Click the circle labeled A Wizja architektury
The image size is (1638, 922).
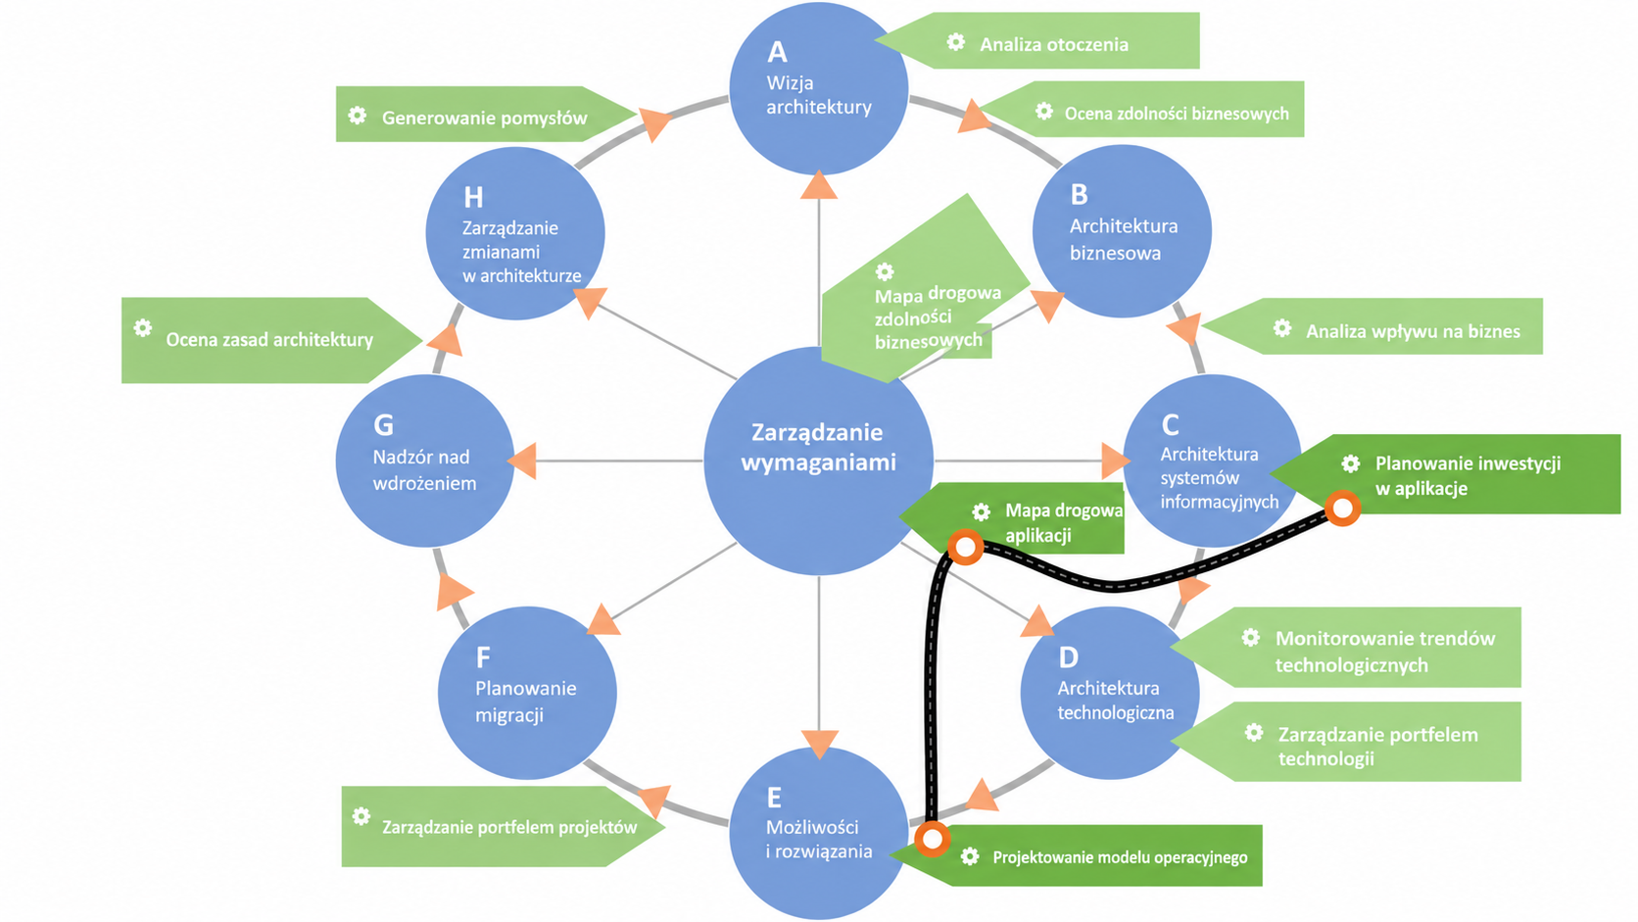[x=818, y=88]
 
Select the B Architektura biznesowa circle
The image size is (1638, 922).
[x=1122, y=231]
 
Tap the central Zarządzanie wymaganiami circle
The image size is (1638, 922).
[x=818, y=461]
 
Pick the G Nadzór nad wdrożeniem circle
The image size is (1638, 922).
[x=425, y=461]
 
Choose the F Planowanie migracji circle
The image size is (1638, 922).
[x=527, y=693]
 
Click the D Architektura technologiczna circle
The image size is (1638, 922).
[x=1110, y=693]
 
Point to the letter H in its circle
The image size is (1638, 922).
[x=473, y=197]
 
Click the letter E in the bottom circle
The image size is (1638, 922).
[x=774, y=797]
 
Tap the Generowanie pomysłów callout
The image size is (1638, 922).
[x=486, y=114]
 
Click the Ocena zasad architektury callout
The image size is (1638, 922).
[x=271, y=340]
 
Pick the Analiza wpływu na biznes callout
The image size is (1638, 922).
[x=1373, y=327]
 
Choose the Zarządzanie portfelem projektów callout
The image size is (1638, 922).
[x=504, y=827]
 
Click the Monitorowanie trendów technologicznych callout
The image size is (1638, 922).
[x=1345, y=647]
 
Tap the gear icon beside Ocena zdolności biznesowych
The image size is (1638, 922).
[x=1044, y=111]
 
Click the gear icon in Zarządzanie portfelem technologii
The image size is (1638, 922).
[x=1254, y=733]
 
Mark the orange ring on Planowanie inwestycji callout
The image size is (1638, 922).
[x=1342, y=508]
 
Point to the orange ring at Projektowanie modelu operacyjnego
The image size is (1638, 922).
[x=933, y=839]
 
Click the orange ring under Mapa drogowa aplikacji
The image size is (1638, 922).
[x=965, y=547]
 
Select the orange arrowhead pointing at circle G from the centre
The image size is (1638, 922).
[x=522, y=461]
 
